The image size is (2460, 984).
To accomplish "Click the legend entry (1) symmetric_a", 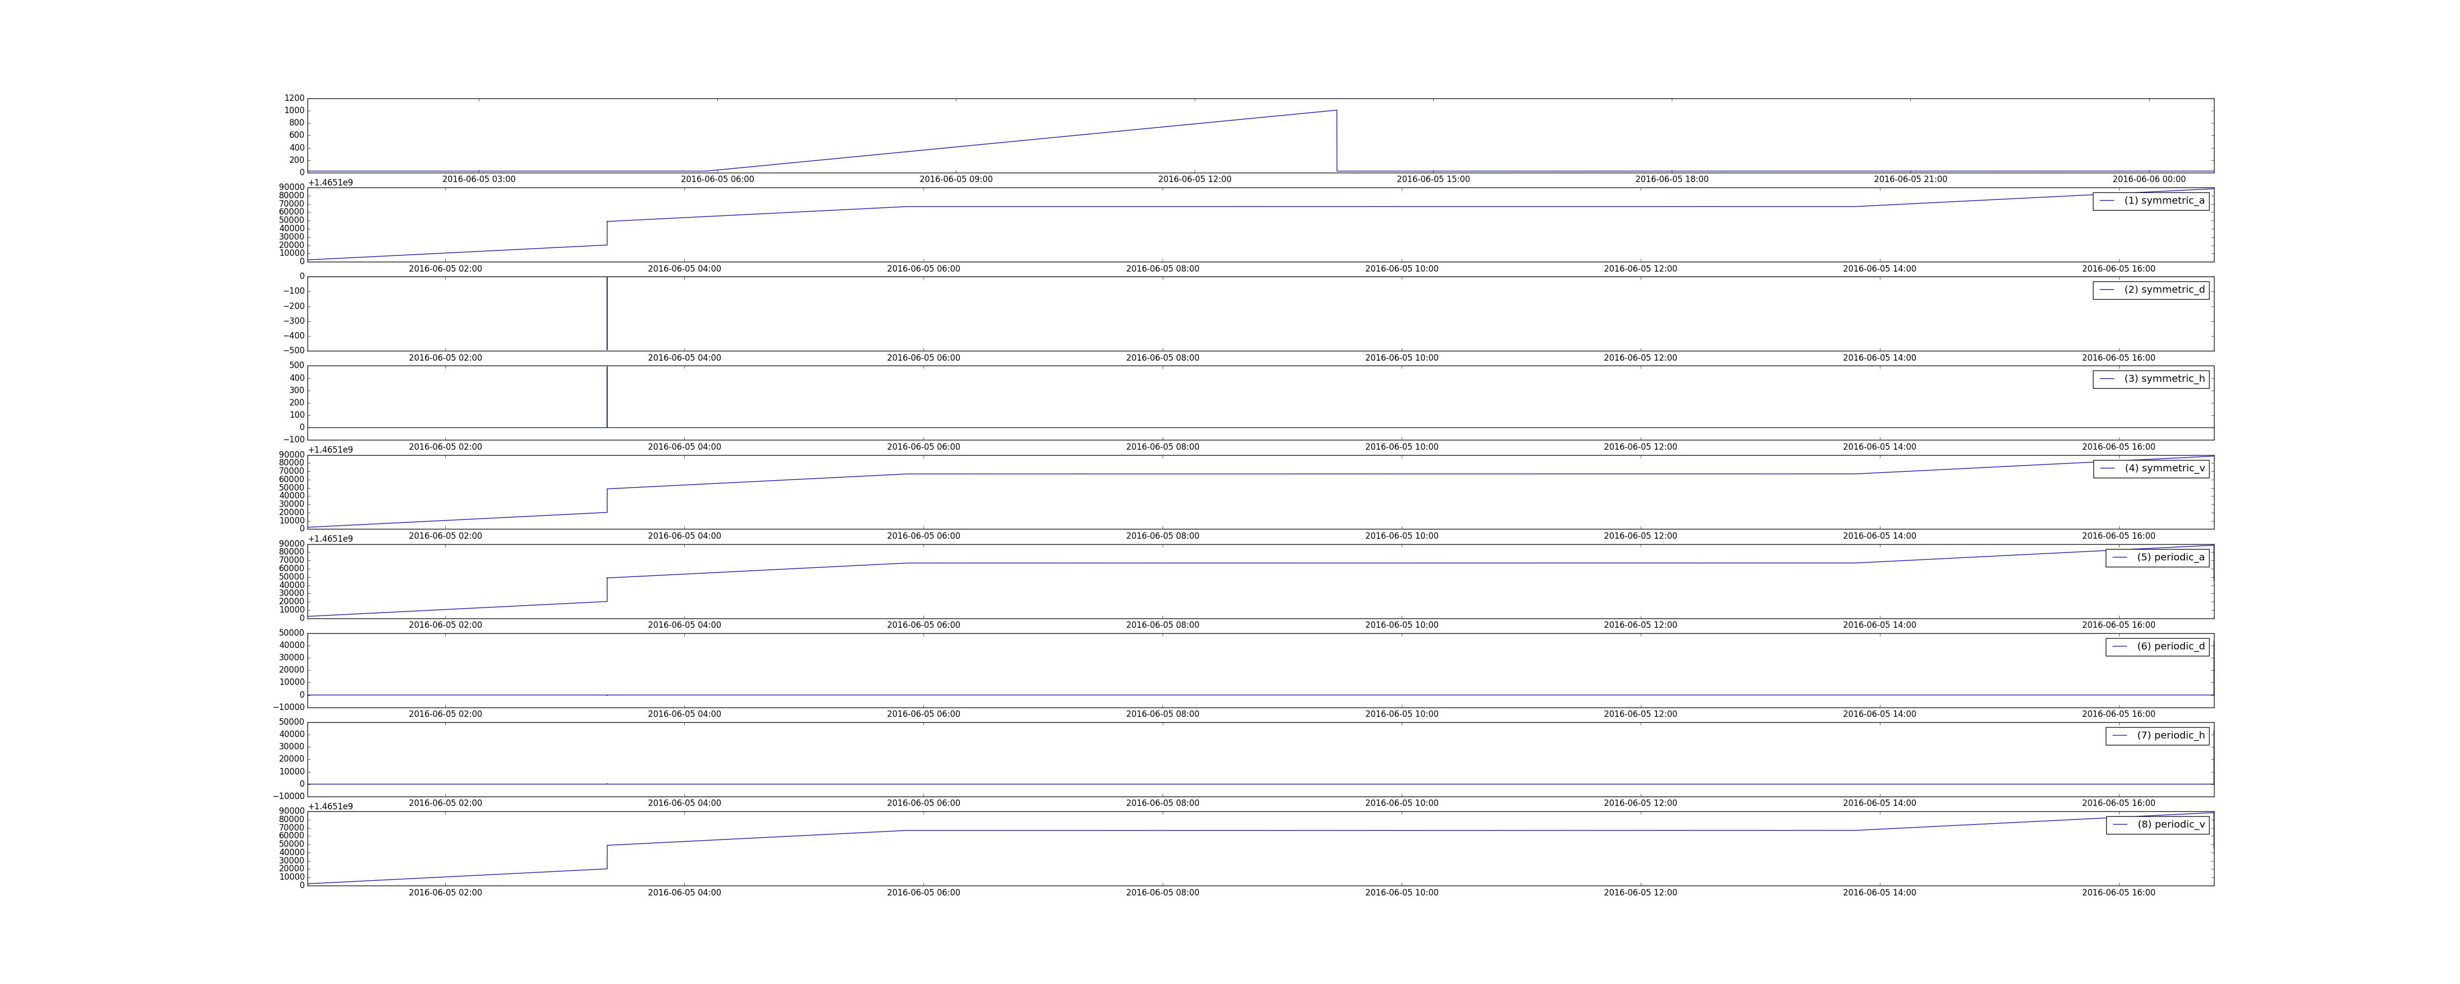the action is tap(2151, 201).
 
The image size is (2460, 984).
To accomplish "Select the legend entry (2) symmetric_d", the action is tap(2151, 289).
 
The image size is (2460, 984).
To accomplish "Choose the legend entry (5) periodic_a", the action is tap(2157, 557).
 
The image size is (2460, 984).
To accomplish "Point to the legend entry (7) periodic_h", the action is tap(2157, 736).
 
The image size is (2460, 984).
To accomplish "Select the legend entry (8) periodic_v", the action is tap(2157, 825).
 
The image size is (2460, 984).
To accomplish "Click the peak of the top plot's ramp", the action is tap(1336, 111).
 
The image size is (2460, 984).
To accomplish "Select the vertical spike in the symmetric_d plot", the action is tap(607, 313).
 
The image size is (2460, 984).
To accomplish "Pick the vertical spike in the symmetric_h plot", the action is tap(607, 397).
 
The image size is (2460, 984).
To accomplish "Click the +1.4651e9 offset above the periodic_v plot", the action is tap(331, 806).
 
